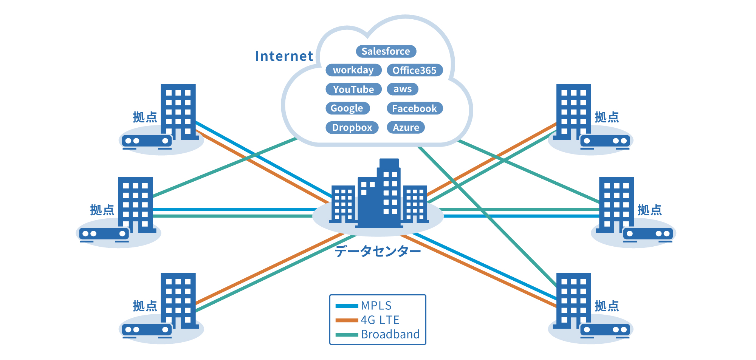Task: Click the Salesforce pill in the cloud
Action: click(386, 51)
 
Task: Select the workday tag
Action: click(353, 70)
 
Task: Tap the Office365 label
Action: click(414, 70)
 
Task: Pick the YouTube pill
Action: click(353, 90)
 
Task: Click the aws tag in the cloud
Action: click(402, 89)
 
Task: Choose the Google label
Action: click(347, 108)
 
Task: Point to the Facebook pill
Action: click(414, 108)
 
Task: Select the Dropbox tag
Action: click(352, 128)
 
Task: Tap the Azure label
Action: click(406, 128)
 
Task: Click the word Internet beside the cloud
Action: click(284, 56)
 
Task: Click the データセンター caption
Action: click(377, 251)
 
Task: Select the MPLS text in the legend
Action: click(376, 305)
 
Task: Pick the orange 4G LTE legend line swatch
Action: click(347, 320)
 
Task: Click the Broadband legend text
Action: click(390, 334)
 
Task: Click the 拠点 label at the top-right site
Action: click(607, 117)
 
